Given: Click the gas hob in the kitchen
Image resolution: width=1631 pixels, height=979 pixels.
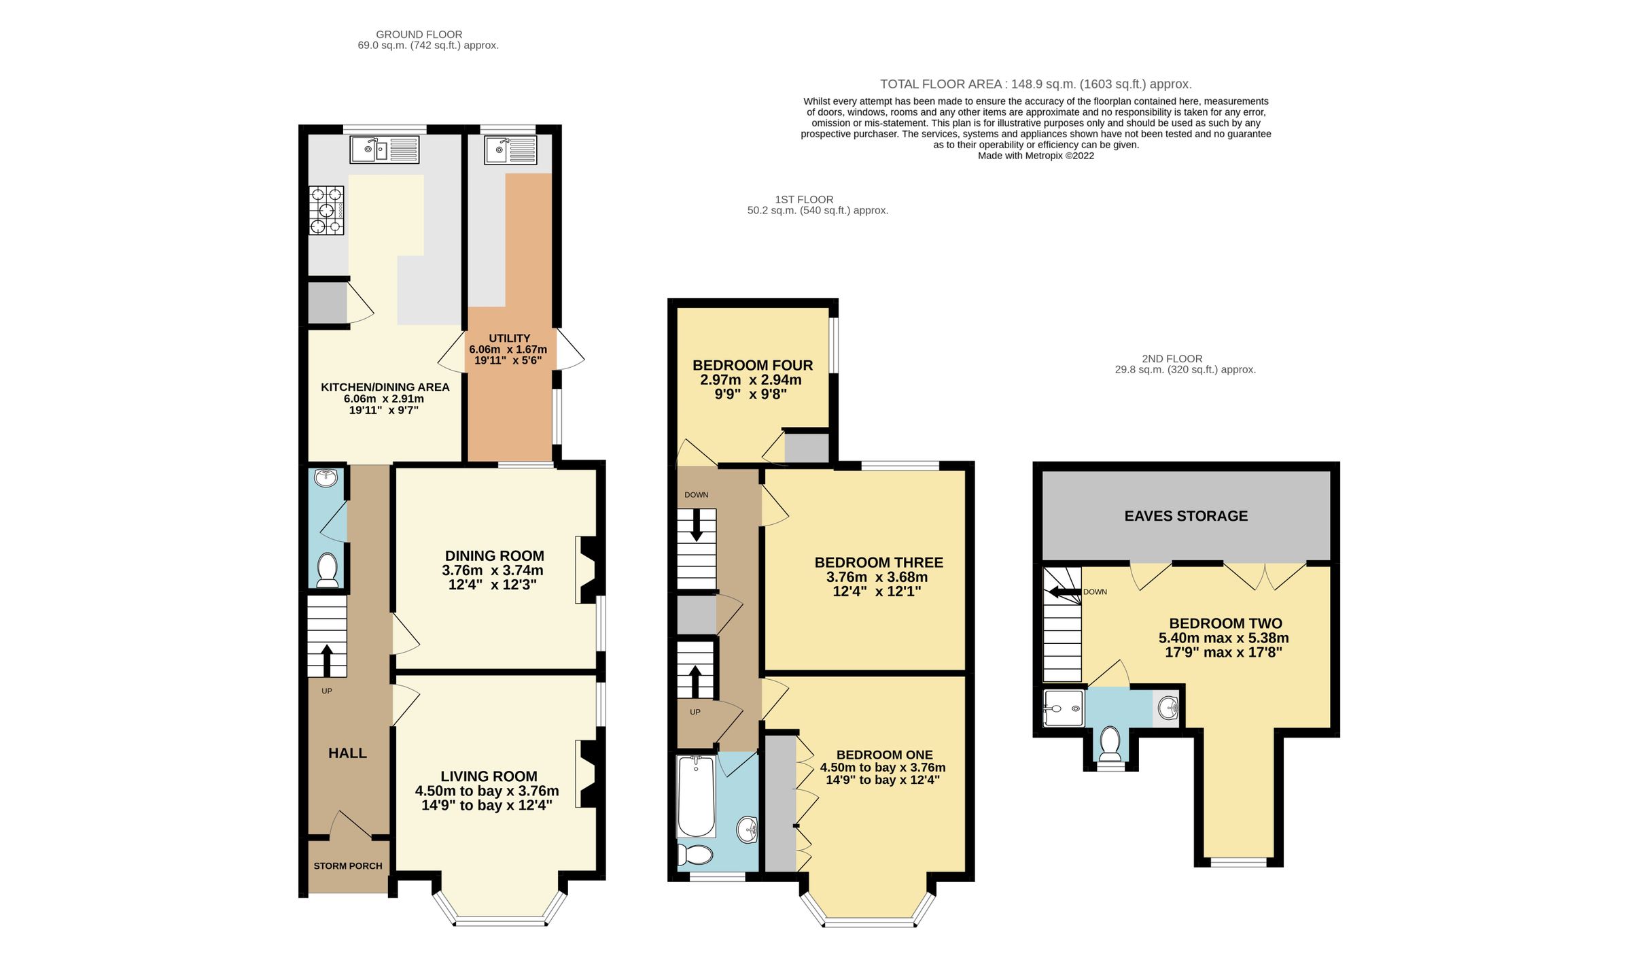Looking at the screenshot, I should coord(327,210).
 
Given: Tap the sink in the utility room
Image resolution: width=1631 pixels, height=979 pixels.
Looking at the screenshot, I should coord(510,150).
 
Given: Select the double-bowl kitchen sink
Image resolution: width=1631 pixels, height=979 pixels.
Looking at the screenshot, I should coord(384,150).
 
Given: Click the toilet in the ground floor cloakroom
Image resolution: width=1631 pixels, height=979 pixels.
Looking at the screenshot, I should coord(328,570).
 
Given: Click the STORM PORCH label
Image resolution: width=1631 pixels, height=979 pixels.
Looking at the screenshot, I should coord(348,866).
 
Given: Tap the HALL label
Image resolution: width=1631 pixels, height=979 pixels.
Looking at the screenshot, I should coord(347,753).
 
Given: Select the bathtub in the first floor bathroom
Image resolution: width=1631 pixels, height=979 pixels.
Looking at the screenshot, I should coord(696,796).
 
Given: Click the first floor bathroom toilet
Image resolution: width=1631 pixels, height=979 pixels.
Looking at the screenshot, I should coord(695,855).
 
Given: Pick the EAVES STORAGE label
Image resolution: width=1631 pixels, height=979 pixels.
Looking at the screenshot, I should coord(1186,516).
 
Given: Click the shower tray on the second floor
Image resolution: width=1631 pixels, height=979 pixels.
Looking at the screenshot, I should coord(1063,708).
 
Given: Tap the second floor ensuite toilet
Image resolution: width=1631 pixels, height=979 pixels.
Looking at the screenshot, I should coord(1110,744).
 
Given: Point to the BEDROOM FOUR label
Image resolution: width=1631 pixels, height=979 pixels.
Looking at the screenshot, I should coord(752,365).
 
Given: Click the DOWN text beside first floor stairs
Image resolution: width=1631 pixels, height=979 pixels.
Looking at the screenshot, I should coord(696,495).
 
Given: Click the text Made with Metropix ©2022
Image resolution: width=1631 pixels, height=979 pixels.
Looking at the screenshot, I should coord(1035,156).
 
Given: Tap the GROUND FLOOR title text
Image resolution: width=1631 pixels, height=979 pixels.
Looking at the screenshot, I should coord(419,35).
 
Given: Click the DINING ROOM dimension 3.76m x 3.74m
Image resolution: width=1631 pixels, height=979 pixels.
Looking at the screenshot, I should coord(493,570).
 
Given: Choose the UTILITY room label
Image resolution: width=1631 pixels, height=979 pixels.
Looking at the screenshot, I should coord(509,338).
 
